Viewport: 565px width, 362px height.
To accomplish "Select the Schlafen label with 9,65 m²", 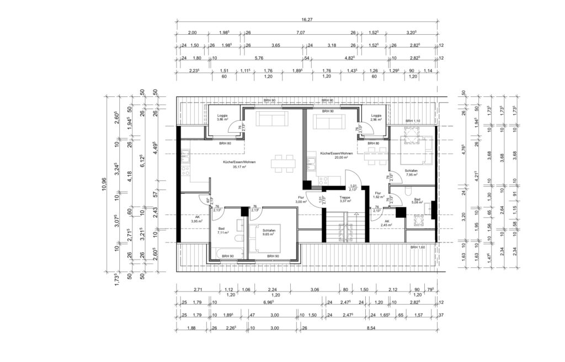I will pyautogui.click(x=269, y=232).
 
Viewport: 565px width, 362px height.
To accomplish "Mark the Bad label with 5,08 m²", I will pyautogui.click(x=417, y=200).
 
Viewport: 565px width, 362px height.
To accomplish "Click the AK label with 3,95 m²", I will pyautogui.click(x=197, y=219).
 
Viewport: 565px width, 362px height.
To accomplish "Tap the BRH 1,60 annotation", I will pyautogui.click(x=418, y=247).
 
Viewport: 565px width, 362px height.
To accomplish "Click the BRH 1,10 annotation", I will pyautogui.click(x=413, y=121).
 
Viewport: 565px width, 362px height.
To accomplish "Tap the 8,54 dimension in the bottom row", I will pyautogui.click(x=375, y=329).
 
